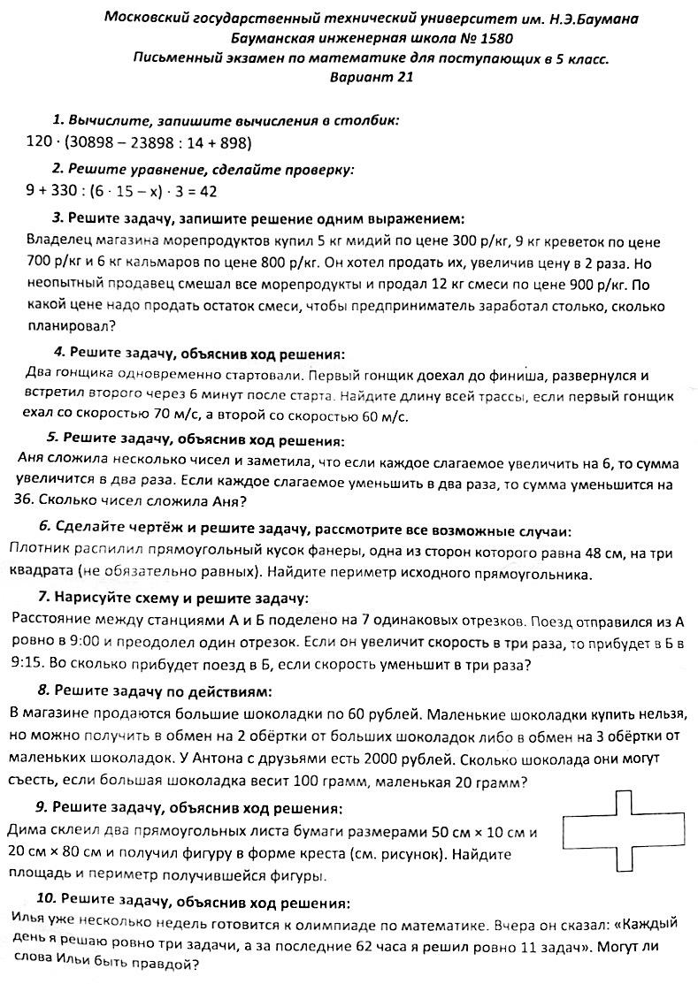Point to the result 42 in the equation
point(208,190)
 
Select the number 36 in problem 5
point(27,500)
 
